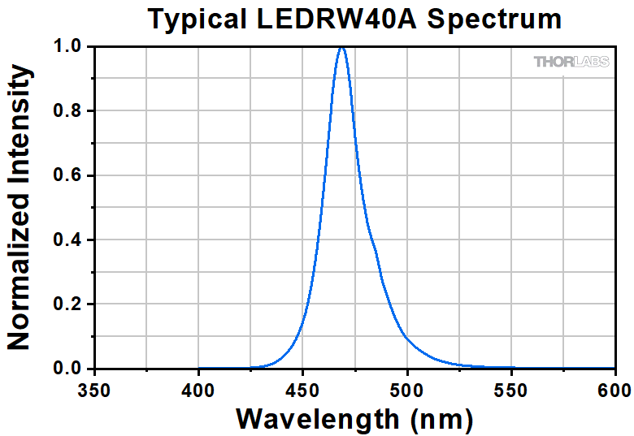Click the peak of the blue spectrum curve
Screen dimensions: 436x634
341,48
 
